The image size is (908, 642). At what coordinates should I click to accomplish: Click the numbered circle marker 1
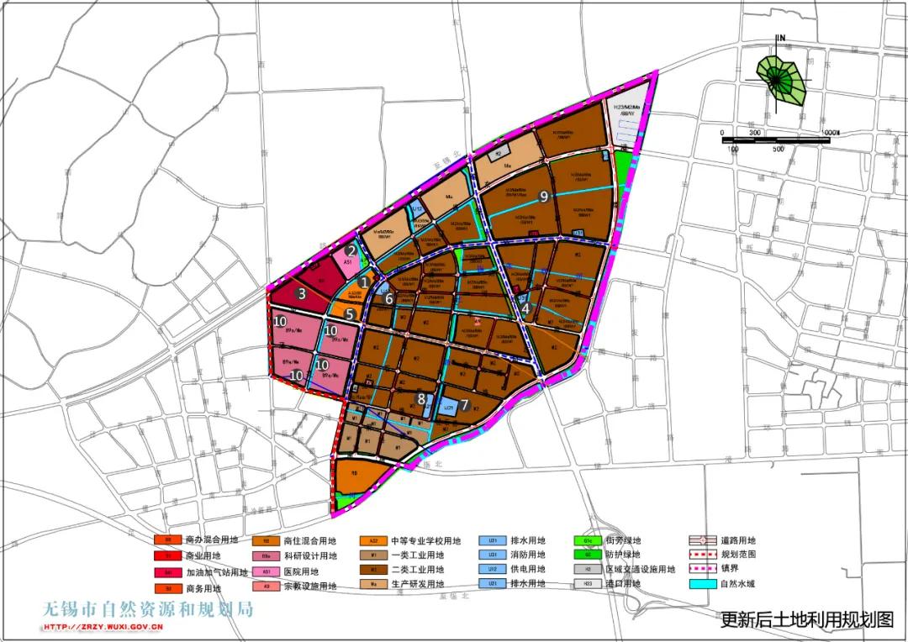click(364, 283)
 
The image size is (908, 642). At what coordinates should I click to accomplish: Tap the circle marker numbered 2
click(351, 250)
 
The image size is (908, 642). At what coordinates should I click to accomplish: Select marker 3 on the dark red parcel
click(301, 294)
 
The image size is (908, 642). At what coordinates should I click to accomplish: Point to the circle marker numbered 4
click(525, 308)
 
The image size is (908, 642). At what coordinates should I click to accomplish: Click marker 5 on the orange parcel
click(349, 313)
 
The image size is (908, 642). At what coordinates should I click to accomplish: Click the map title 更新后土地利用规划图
click(807, 621)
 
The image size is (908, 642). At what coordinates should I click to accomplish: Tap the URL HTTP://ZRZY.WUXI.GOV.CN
click(104, 627)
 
